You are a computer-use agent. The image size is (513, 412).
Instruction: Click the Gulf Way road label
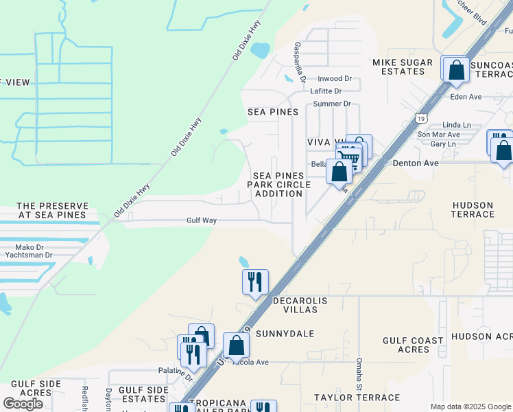point(202,221)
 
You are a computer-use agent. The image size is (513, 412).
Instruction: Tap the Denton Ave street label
point(415,163)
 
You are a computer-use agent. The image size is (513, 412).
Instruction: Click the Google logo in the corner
point(23,404)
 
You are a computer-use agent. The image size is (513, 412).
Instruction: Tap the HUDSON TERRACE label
point(473,209)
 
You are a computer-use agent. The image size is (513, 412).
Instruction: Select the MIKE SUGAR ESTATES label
point(403,67)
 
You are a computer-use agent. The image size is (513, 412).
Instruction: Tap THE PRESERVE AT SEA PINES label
point(53,210)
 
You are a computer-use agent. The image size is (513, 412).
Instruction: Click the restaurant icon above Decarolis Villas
point(254,281)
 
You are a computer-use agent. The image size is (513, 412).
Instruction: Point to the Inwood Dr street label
point(334,79)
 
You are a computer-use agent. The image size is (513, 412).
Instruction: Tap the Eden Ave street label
point(466,97)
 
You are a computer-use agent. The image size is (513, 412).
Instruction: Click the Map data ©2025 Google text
point(470,407)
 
